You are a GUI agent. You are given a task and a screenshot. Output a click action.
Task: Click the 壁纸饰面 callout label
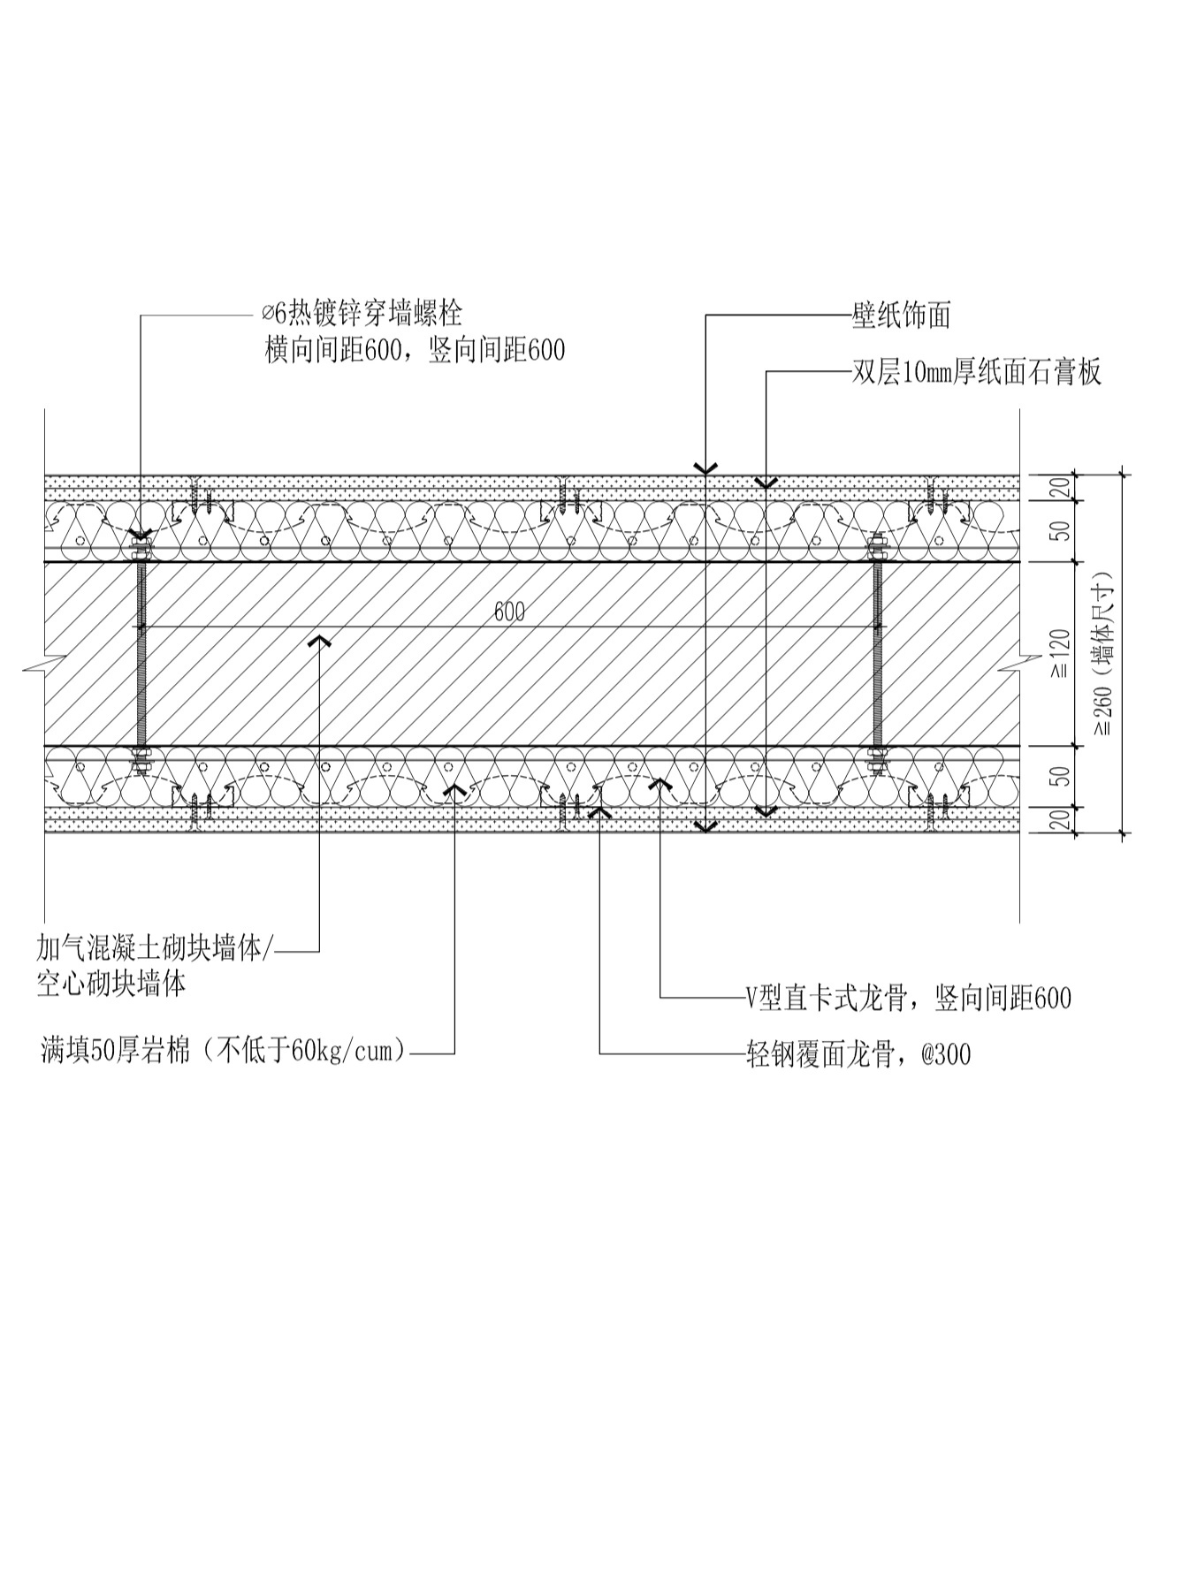901,315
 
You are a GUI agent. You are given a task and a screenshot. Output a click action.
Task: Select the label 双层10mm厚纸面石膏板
977,372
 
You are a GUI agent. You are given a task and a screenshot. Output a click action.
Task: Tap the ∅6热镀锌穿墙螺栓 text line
362,313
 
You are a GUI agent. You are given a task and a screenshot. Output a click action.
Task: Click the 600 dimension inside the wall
509,612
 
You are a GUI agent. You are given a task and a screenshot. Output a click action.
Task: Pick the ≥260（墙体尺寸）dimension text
1102,654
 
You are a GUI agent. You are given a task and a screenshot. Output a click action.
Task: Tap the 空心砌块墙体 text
111,984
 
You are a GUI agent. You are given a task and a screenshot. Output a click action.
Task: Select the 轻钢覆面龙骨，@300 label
858,1053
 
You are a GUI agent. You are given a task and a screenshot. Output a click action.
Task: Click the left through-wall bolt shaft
141,654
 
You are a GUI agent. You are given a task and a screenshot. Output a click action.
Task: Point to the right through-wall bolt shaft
878,654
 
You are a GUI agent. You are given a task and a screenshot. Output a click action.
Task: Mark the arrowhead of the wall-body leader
319,639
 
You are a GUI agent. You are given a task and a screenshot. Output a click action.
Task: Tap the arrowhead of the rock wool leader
454,787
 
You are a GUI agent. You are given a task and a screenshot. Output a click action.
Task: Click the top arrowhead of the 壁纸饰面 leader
705,468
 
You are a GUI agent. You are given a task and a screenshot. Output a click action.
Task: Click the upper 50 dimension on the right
1062,530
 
